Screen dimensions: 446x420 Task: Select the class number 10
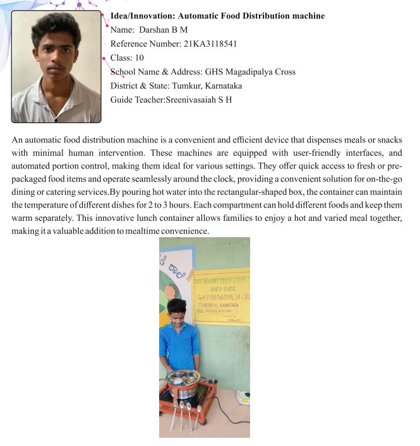pyautogui.click(x=139, y=57)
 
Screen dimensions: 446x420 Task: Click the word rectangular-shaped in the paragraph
pyautogui.click(x=230, y=187)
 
